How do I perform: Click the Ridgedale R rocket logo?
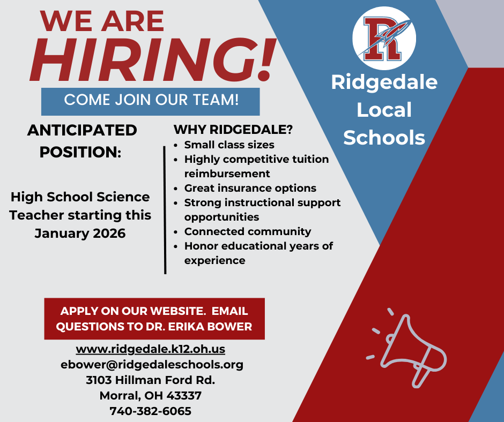point(384,38)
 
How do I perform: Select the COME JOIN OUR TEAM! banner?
point(151,100)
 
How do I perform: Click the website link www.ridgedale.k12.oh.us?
point(150,349)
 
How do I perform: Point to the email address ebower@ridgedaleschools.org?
point(152,365)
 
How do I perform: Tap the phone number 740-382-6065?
point(151,411)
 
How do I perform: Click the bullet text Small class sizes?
point(229,145)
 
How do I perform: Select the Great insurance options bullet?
point(250,188)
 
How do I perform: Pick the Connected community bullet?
point(247,231)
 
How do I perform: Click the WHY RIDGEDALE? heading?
point(233,130)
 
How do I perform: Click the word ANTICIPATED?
point(82,130)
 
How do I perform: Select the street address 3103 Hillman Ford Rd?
point(151,380)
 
